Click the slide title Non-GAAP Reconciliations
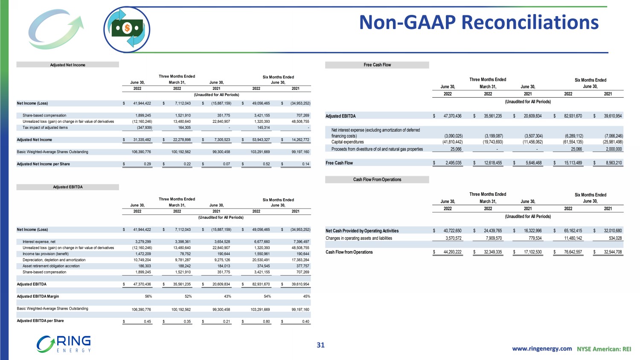click(479, 22)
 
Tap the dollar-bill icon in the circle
click(126, 29)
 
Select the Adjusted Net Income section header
click(67, 65)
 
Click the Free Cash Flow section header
click(377, 65)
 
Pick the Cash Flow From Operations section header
click(377, 180)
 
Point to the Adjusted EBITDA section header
click(67, 187)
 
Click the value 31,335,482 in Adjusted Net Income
click(142, 140)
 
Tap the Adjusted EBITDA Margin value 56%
click(148, 296)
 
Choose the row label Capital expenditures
click(347, 142)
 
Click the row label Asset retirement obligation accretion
click(51, 266)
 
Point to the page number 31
click(320, 345)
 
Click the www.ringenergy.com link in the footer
click(542, 348)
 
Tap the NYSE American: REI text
click(604, 349)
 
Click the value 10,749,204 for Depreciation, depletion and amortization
click(142, 260)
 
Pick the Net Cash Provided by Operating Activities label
click(362, 231)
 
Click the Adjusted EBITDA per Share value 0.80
click(266, 322)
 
